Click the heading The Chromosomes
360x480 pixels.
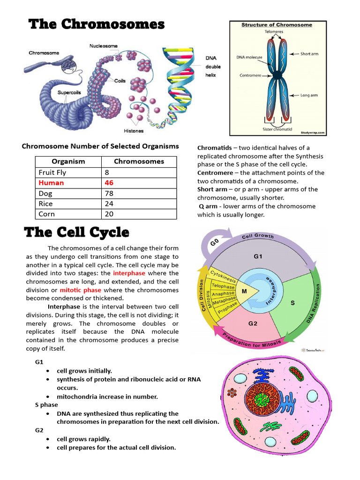coord(97,24)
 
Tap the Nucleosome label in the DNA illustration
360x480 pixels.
coord(104,46)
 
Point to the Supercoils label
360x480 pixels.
coord(70,92)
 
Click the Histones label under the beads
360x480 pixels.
coord(134,131)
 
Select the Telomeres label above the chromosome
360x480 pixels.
coord(274,32)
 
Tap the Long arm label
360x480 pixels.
coord(309,95)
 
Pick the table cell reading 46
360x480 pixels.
coord(109,183)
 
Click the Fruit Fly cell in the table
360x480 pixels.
coord(52,172)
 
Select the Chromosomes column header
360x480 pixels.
coord(139,161)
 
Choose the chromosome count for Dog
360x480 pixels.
coord(110,193)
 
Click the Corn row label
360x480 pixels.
coord(47,214)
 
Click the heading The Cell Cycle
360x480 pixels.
coord(77,232)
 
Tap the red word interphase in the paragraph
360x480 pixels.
coord(129,273)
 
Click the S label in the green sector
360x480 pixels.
coord(292,303)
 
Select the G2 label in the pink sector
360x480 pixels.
coord(253,323)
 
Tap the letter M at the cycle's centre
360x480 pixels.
coord(244,291)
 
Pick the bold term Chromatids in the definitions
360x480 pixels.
coord(213,148)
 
